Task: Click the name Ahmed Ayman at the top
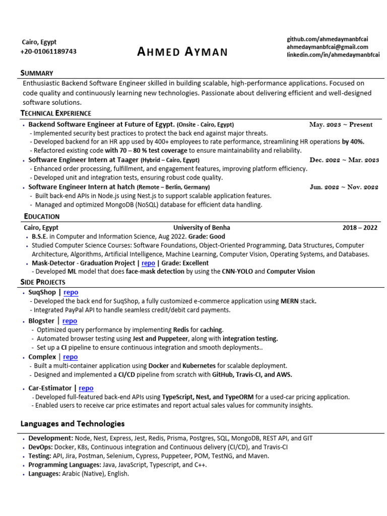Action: coord(182,51)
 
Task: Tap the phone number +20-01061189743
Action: coord(48,51)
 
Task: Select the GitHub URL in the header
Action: coord(328,39)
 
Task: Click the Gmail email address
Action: coord(329,46)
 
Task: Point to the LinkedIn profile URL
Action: coord(333,54)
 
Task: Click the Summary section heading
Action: coord(37,73)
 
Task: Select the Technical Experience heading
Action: coord(55,113)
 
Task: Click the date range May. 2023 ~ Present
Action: coord(341,124)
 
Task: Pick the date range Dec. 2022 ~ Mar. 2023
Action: coord(344,160)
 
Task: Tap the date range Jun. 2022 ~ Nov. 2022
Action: coord(344,187)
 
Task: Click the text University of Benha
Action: coord(202,227)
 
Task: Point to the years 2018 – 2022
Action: coord(360,227)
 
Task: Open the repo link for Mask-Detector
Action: coord(148,263)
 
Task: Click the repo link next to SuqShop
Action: coord(71,292)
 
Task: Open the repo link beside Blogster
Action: coord(70,320)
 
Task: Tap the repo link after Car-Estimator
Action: coord(86,388)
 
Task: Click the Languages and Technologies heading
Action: coord(73,423)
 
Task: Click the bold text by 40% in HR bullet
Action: coord(353,142)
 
